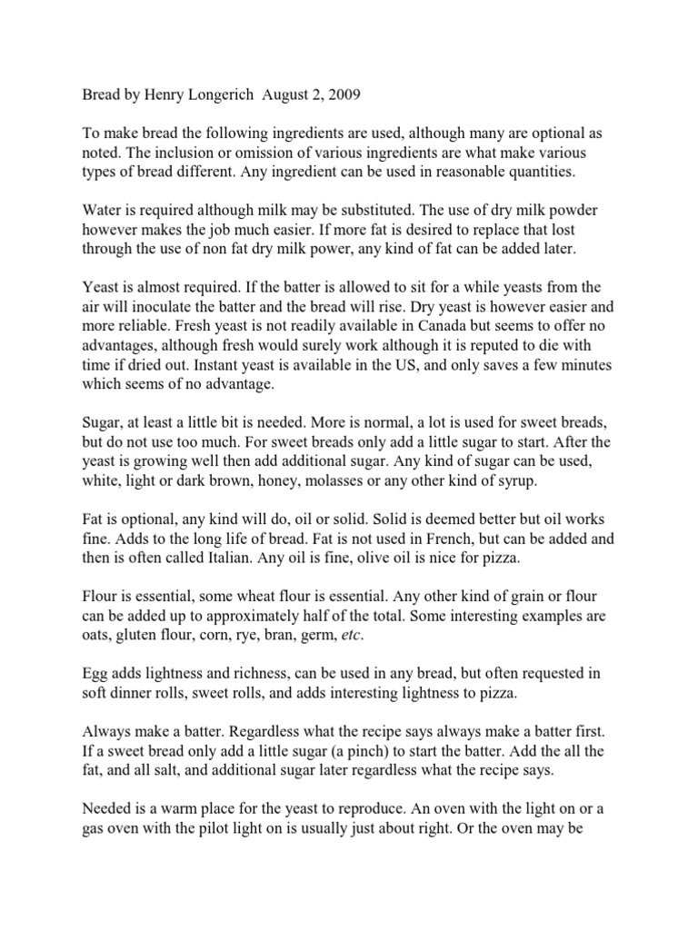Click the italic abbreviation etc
(350, 635)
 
